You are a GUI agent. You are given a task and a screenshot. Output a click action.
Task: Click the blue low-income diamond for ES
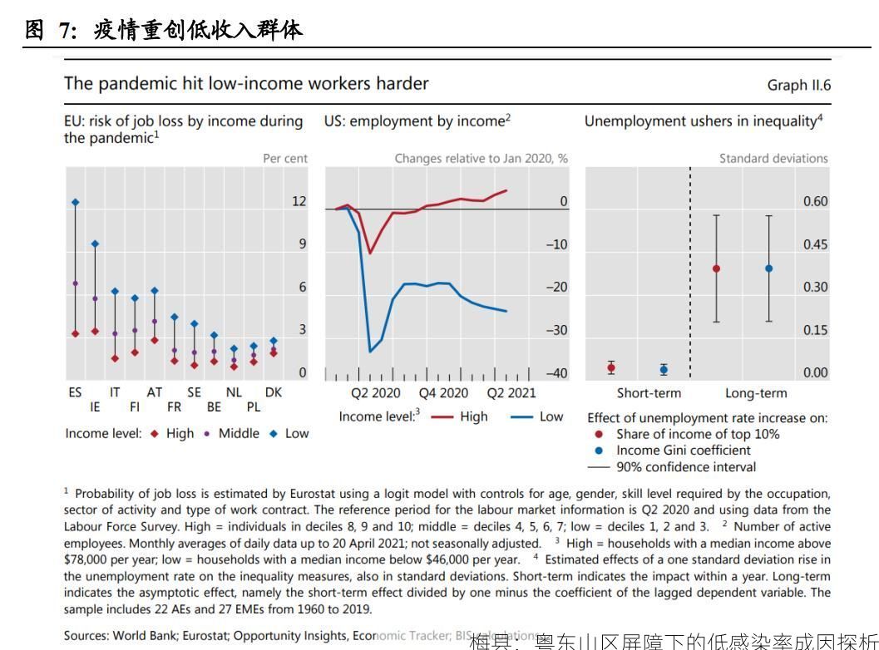(x=75, y=202)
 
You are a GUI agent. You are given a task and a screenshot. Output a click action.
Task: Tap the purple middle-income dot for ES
(x=75, y=283)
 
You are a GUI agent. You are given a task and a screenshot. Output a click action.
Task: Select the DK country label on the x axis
(x=273, y=392)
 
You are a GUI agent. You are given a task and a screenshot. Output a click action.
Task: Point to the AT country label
(x=155, y=392)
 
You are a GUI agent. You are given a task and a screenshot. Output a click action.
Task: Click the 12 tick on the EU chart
(x=299, y=202)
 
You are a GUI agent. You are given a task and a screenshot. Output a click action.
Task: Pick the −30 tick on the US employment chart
(x=556, y=331)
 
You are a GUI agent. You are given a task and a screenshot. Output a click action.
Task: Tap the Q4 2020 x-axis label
(x=443, y=393)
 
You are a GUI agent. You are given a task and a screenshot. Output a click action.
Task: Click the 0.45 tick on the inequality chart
(x=815, y=244)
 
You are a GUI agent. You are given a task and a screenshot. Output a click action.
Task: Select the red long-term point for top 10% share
(x=716, y=268)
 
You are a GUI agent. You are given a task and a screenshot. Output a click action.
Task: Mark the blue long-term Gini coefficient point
(x=768, y=268)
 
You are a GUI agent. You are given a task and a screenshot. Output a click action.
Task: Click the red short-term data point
(x=611, y=367)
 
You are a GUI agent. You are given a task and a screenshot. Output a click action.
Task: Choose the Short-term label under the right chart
(x=649, y=393)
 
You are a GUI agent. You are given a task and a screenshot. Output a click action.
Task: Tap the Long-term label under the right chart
(x=756, y=393)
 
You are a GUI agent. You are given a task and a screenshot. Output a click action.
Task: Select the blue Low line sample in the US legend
(x=521, y=416)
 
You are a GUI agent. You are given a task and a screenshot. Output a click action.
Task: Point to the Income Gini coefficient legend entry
(x=683, y=451)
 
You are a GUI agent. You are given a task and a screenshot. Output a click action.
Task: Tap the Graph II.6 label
(x=799, y=86)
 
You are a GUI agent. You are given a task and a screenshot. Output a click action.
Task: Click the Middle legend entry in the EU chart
(x=239, y=433)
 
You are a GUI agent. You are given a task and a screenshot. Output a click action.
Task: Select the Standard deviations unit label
(x=773, y=158)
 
